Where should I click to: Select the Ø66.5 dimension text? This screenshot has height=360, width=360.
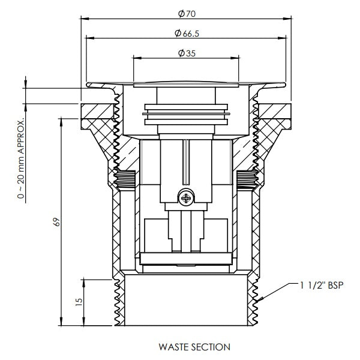186,33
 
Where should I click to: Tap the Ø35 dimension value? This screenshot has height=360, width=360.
186,53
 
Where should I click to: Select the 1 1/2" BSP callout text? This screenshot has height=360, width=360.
321,286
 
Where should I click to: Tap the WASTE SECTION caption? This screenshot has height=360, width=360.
186,347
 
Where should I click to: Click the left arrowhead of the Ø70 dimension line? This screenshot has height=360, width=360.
84,18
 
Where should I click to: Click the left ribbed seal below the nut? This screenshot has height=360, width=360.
124,178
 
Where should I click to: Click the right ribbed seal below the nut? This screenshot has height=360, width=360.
247,178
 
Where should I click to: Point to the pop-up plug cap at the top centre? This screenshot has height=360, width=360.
186,83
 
